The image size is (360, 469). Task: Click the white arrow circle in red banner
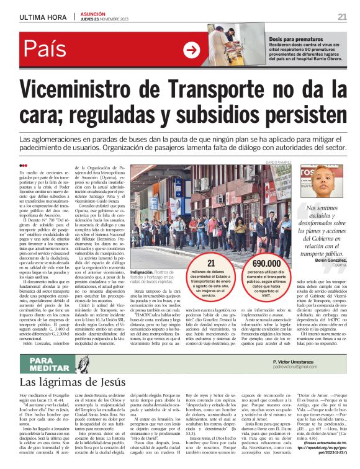click(192, 50)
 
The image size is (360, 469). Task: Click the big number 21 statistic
click(211, 264)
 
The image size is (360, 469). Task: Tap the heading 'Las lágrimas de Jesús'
click(75, 382)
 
